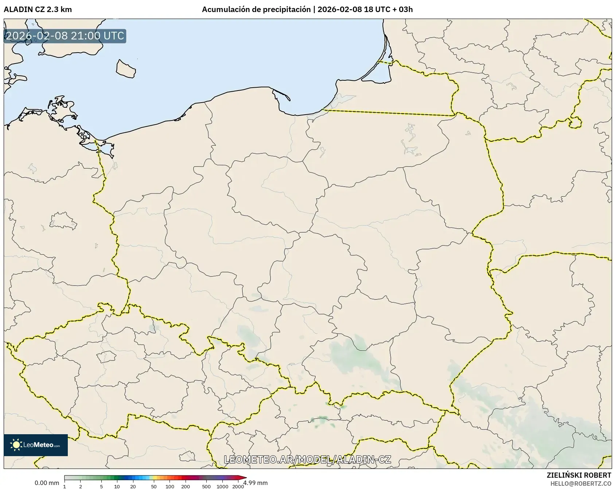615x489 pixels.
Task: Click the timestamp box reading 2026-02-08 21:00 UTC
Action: (x=65, y=36)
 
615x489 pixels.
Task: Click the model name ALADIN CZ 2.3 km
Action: (x=38, y=9)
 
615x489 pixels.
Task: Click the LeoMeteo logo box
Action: (x=36, y=445)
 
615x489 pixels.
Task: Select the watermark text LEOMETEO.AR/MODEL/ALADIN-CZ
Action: (x=307, y=459)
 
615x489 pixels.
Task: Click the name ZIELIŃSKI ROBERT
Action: (x=579, y=475)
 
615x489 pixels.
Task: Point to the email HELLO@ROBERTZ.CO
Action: (x=581, y=484)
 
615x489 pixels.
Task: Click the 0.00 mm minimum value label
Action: (x=47, y=483)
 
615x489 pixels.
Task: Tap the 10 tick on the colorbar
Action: (x=117, y=486)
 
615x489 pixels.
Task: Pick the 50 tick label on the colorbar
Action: (x=154, y=486)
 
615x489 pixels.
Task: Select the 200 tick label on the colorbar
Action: (x=186, y=486)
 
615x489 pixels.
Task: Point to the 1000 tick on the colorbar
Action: (x=222, y=486)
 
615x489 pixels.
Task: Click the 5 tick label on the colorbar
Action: (x=101, y=486)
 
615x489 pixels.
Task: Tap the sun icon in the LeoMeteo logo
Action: (x=16, y=445)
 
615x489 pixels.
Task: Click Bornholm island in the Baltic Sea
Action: (x=126, y=68)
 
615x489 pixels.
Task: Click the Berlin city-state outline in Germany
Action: (x=63, y=221)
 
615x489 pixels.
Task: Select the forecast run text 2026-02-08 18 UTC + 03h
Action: (x=365, y=9)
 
